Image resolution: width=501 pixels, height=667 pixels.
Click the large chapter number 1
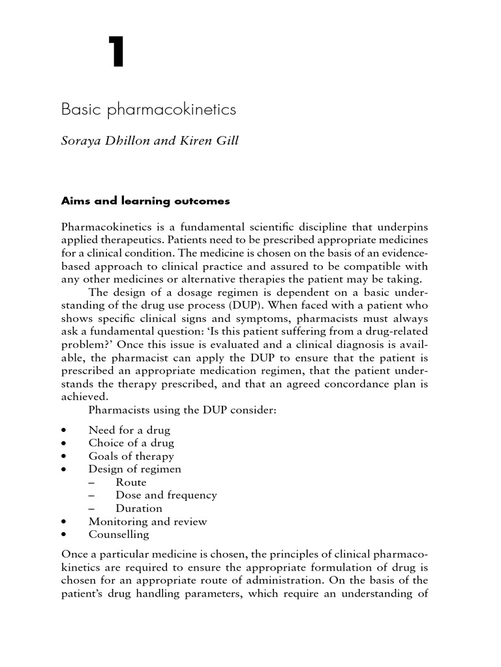[116, 53]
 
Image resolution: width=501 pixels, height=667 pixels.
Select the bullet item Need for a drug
[129, 430]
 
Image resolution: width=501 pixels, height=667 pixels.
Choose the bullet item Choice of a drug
[131, 443]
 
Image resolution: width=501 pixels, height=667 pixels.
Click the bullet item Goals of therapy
[131, 456]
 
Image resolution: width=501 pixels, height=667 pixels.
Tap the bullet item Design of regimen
[135, 469]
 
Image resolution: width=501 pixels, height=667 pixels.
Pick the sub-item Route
[131, 482]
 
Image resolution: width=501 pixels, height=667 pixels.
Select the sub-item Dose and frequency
[166, 495]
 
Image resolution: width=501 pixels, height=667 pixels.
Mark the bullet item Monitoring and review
[147, 521]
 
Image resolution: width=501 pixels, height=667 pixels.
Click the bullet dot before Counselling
[63, 535]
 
